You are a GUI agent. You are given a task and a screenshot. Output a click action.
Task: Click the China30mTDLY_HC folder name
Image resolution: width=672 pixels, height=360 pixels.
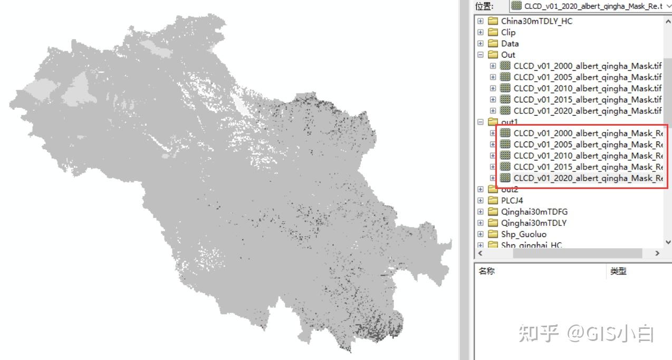point(536,21)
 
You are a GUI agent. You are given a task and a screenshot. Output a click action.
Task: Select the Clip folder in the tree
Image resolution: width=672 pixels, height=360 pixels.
point(508,32)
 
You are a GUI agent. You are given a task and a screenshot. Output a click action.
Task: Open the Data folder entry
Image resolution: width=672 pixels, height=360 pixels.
point(510,43)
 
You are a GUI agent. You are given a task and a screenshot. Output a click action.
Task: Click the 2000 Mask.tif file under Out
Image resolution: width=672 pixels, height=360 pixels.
point(587,66)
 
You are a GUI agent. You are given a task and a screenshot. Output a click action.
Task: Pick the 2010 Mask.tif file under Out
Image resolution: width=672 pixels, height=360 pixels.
point(587,88)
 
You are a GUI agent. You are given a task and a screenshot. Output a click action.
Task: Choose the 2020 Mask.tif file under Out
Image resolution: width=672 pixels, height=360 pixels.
point(587,110)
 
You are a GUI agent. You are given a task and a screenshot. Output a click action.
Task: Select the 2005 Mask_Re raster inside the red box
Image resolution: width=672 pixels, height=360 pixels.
point(587,144)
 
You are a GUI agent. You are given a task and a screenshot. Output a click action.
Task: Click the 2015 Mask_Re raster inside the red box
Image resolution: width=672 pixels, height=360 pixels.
point(587,167)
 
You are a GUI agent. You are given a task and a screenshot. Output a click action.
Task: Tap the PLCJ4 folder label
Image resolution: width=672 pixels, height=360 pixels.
point(512,200)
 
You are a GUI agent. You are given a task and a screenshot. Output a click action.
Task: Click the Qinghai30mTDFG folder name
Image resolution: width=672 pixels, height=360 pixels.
point(534,212)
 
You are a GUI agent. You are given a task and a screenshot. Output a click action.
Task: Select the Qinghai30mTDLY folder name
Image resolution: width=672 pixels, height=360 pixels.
point(533,223)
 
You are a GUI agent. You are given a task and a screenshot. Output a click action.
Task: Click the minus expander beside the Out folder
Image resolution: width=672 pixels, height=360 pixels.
point(481,54)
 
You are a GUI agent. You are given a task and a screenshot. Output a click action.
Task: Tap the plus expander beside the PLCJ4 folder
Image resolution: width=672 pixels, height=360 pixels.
point(481,200)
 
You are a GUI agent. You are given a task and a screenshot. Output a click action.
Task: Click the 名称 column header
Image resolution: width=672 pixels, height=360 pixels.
point(486,271)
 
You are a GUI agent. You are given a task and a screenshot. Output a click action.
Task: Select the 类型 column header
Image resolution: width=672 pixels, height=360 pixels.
point(618,271)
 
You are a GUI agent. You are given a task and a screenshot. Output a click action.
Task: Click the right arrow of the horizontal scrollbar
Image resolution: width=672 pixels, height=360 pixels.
point(657,253)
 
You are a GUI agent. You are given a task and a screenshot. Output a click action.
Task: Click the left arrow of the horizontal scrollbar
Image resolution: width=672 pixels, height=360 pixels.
point(479,253)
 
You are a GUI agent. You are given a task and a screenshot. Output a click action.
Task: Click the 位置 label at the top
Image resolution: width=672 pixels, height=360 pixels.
point(484,6)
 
